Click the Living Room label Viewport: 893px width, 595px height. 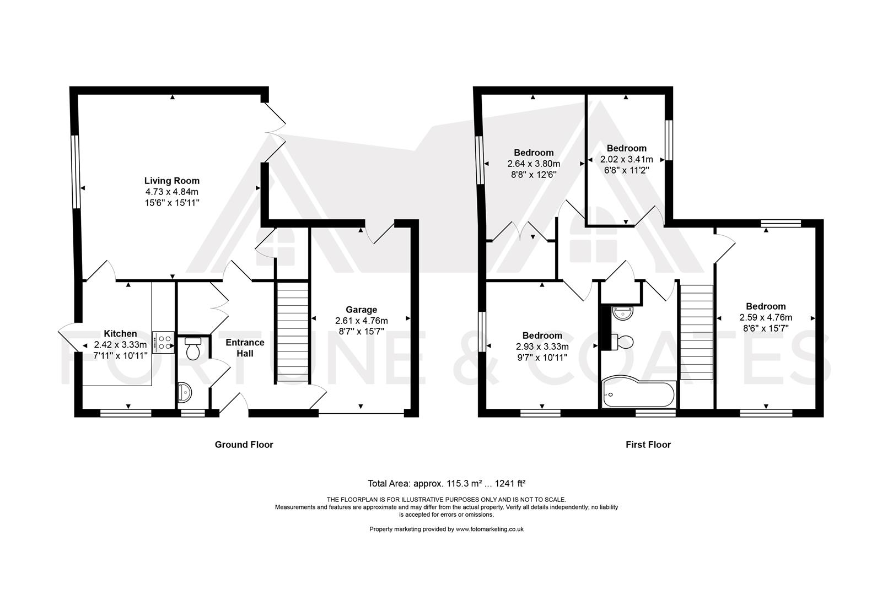click(x=172, y=181)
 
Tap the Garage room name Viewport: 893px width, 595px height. click(x=361, y=310)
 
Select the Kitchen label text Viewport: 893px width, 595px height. click(x=120, y=333)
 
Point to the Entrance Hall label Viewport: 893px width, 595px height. click(x=245, y=348)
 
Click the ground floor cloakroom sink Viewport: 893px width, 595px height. click(x=185, y=392)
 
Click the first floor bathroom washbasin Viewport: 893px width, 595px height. click(x=622, y=313)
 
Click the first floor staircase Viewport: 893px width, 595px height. click(x=696, y=332)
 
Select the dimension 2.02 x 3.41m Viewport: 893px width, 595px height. click(x=627, y=159)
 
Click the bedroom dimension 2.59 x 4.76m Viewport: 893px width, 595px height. click(x=766, y=318)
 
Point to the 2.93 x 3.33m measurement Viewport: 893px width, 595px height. click(x=542, y=347)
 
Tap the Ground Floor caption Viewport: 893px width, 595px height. click(x=244, y=445)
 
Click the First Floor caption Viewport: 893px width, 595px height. click(x=648, y=445)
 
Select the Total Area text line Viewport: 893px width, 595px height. click(x=446, y=483)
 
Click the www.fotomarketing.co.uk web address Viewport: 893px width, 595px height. click(x=489, y=529)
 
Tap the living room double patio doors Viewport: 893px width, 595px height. click(x=275, y=133)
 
